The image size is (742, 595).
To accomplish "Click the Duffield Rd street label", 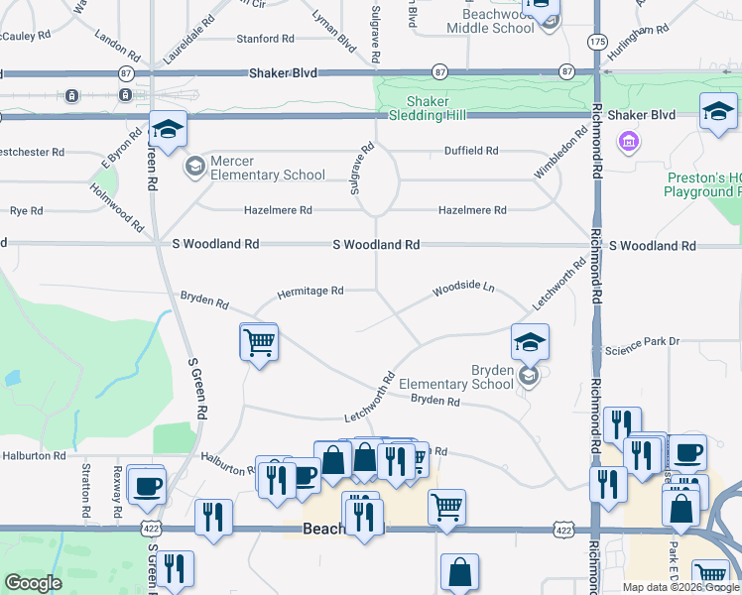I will coord(470,151).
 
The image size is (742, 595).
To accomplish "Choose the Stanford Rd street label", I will coord(265,39).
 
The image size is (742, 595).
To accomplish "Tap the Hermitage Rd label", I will coord(309,292).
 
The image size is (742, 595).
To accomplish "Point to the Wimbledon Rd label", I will coord(560,154).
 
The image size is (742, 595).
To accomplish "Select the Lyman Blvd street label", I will coord(334,41).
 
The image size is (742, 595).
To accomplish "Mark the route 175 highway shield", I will coord(596,42).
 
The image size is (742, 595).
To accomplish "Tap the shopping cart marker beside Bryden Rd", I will coord(259,342).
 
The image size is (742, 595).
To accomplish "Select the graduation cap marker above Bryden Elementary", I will coord(531,342).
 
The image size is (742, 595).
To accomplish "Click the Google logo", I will coord(33,582).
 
